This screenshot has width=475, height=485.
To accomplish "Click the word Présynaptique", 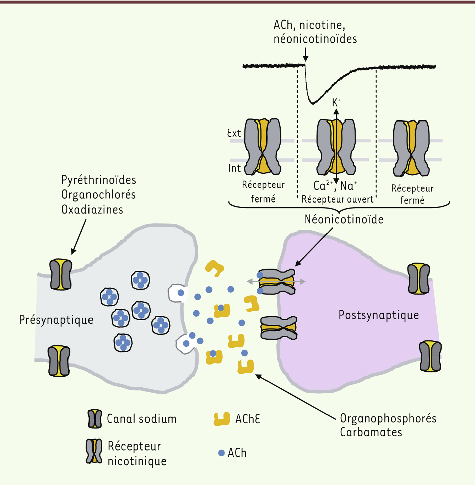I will click(x=56, y=320).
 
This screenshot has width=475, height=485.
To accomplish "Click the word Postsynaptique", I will click(x=378, y=315).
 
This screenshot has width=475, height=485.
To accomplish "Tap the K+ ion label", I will click(x=336, y=102).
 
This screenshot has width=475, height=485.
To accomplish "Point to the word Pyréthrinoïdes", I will click(x=99, y=180).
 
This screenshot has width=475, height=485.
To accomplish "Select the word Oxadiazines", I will click(x=92, y=210).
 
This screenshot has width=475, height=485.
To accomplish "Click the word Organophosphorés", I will click(x=388, y=418).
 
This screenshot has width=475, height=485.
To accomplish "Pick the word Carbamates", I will click(x=371, y=432).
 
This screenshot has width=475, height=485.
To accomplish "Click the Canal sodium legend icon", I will click(x=95, y=419).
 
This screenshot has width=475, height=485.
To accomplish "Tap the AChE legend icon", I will click(x=222, y=419).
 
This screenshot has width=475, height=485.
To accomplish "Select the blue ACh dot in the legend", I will click(x=221, y=453).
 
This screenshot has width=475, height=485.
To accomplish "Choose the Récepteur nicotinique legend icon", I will click(x=94, y=451).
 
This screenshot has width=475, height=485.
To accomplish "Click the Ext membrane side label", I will click(x=234, y=133).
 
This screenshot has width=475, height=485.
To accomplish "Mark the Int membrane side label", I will click(x=234, y=168).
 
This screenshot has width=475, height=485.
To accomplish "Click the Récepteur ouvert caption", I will click(x=337, y=199).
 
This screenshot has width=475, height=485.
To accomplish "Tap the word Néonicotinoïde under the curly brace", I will click(x=344, y=220).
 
